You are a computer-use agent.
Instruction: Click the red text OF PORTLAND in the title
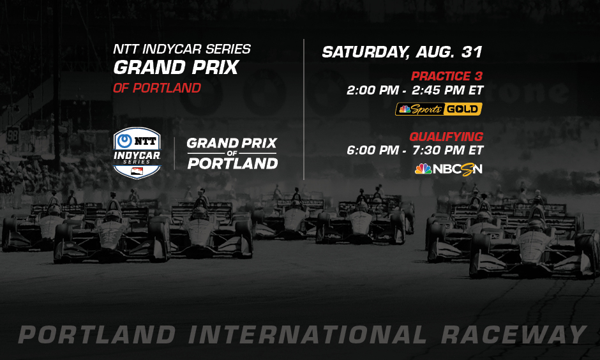[x=156, y=88]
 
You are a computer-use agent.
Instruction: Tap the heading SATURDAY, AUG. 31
[x=401, y=52]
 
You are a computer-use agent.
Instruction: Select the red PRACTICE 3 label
[x=446, y=76]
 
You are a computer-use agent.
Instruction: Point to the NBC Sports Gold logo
[x=439, y=109]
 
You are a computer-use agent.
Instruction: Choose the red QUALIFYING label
[x=446, y=137]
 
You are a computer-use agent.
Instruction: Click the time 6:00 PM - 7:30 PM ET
[x=415, y=151]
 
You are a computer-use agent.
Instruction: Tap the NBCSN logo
[x=448, y=169]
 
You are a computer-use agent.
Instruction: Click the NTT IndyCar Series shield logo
[x=137, y=153]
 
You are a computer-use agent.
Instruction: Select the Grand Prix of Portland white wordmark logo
[x=232, y=153]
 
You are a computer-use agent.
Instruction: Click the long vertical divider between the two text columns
[x=304, y=109]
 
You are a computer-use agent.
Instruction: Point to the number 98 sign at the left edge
[x=13, y=135]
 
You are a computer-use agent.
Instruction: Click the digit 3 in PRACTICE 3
[x=477, y=76]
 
